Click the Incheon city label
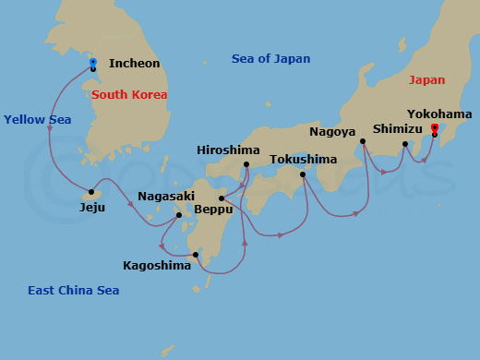coord(134,64)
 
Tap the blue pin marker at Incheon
coord(93,63)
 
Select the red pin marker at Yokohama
coord(435,128)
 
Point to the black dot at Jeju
coord(91,193)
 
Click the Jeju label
coord(92,208)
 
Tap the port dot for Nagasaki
coord(179,215)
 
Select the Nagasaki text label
coord(166,197)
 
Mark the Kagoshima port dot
coord(196,255)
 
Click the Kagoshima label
coord(157,266)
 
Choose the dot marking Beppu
coord(222,198)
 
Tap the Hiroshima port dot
coord(246,165)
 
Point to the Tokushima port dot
coord(302,174)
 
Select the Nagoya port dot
coord(363,141)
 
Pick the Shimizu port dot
coord(405,144)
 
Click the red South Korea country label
coord(129,95)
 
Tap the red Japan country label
coord(426,80)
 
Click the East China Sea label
coord(74,291)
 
